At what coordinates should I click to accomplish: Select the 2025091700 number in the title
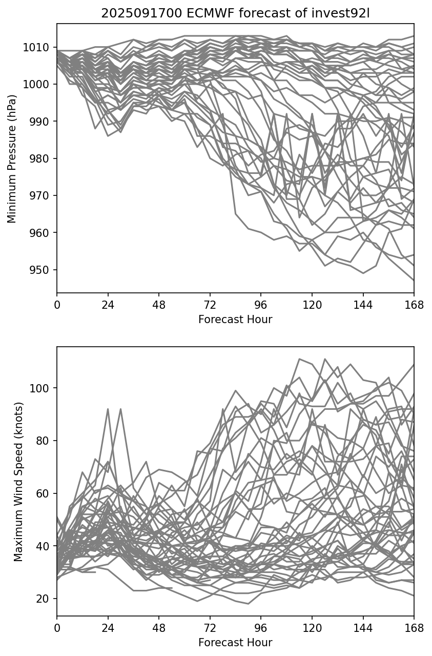pyautogui.click(x=134, y=13)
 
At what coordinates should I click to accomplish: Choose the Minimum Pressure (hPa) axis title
pyautogui.click(x=12, y=158)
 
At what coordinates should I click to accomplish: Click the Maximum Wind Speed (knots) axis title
pyautogui.click(x=18, y=482)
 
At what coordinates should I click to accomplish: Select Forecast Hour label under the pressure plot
pyautogui.click(x=235, y=320)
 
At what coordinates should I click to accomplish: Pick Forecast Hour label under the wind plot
pyautogui.click(x=235, y=643)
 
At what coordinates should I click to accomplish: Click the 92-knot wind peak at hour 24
pyautogui.click(x=108, y=409)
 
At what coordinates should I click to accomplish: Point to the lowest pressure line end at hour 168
pyautogui.click(x=414, y=280)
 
